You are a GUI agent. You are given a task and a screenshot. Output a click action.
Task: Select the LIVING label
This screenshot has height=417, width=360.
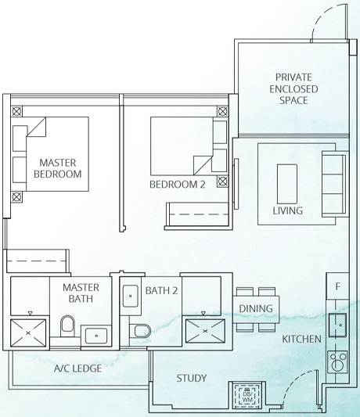pyautogui.click(x=286, y=210)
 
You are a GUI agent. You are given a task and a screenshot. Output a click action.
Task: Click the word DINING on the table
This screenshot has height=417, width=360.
pyautogui.click(x=256, y=308)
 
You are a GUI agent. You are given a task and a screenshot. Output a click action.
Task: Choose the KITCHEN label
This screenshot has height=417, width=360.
pyautogui.click(x=302, y=339)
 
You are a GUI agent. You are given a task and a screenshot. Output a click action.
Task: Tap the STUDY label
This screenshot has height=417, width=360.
pyautogui.click(x=191, y=379)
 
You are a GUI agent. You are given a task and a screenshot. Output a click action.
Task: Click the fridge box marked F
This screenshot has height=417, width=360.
pyautogui.click(x=337, y=287)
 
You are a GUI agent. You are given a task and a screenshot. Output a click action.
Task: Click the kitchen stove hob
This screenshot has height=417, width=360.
pyautogui.click(x=337, y=362)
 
